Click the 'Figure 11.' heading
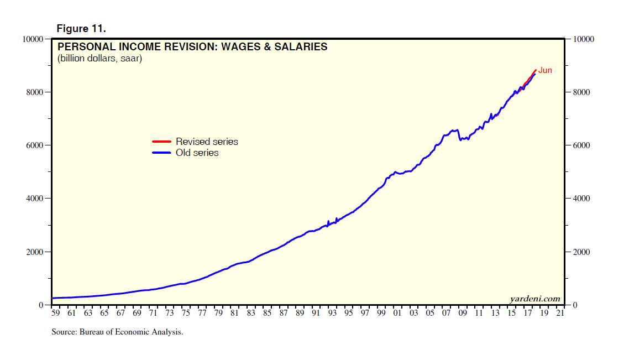(x=81, y=28)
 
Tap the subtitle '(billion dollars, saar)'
(x=99, y=58)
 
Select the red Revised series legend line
(x=161, y=142)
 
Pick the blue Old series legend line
(x=161, y=153)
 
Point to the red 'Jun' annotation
(x=545, y=70)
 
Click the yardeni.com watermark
(x=534, y=299)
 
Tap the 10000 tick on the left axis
(x=33, y=39)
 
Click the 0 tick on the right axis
(x=577, y=305)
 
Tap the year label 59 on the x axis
(x=55, y=314)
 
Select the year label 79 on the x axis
(x=218, y=314)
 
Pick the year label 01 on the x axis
(x=397, y=314)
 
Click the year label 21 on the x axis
(x=560, y=314)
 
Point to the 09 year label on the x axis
(x=463, y=314)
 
